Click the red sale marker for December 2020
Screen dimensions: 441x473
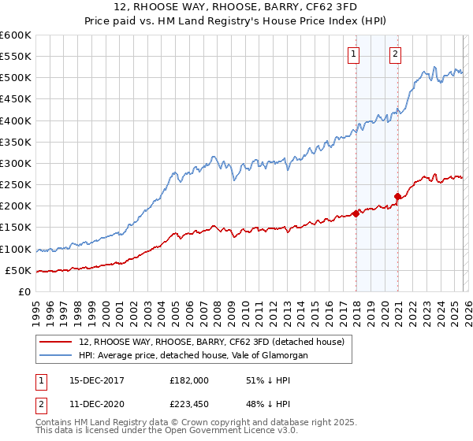pyautogui.click(x=398, y=196)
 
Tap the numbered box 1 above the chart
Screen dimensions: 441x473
pyautogui.click(x=352, y=54)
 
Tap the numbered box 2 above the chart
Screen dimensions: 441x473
pyautogui.click(x=395, y=54)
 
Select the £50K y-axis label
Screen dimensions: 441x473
pyautogui.click(x=19, y=270)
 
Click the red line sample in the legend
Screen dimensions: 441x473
pyautogui.click(x=56, y=343)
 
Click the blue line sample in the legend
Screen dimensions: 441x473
pyautogui.click(x=56, y=356)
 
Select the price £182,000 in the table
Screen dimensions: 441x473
pyautogui.click(x=188, y=380)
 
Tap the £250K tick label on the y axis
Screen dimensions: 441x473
pyautogui.click(x=16, y=185)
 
